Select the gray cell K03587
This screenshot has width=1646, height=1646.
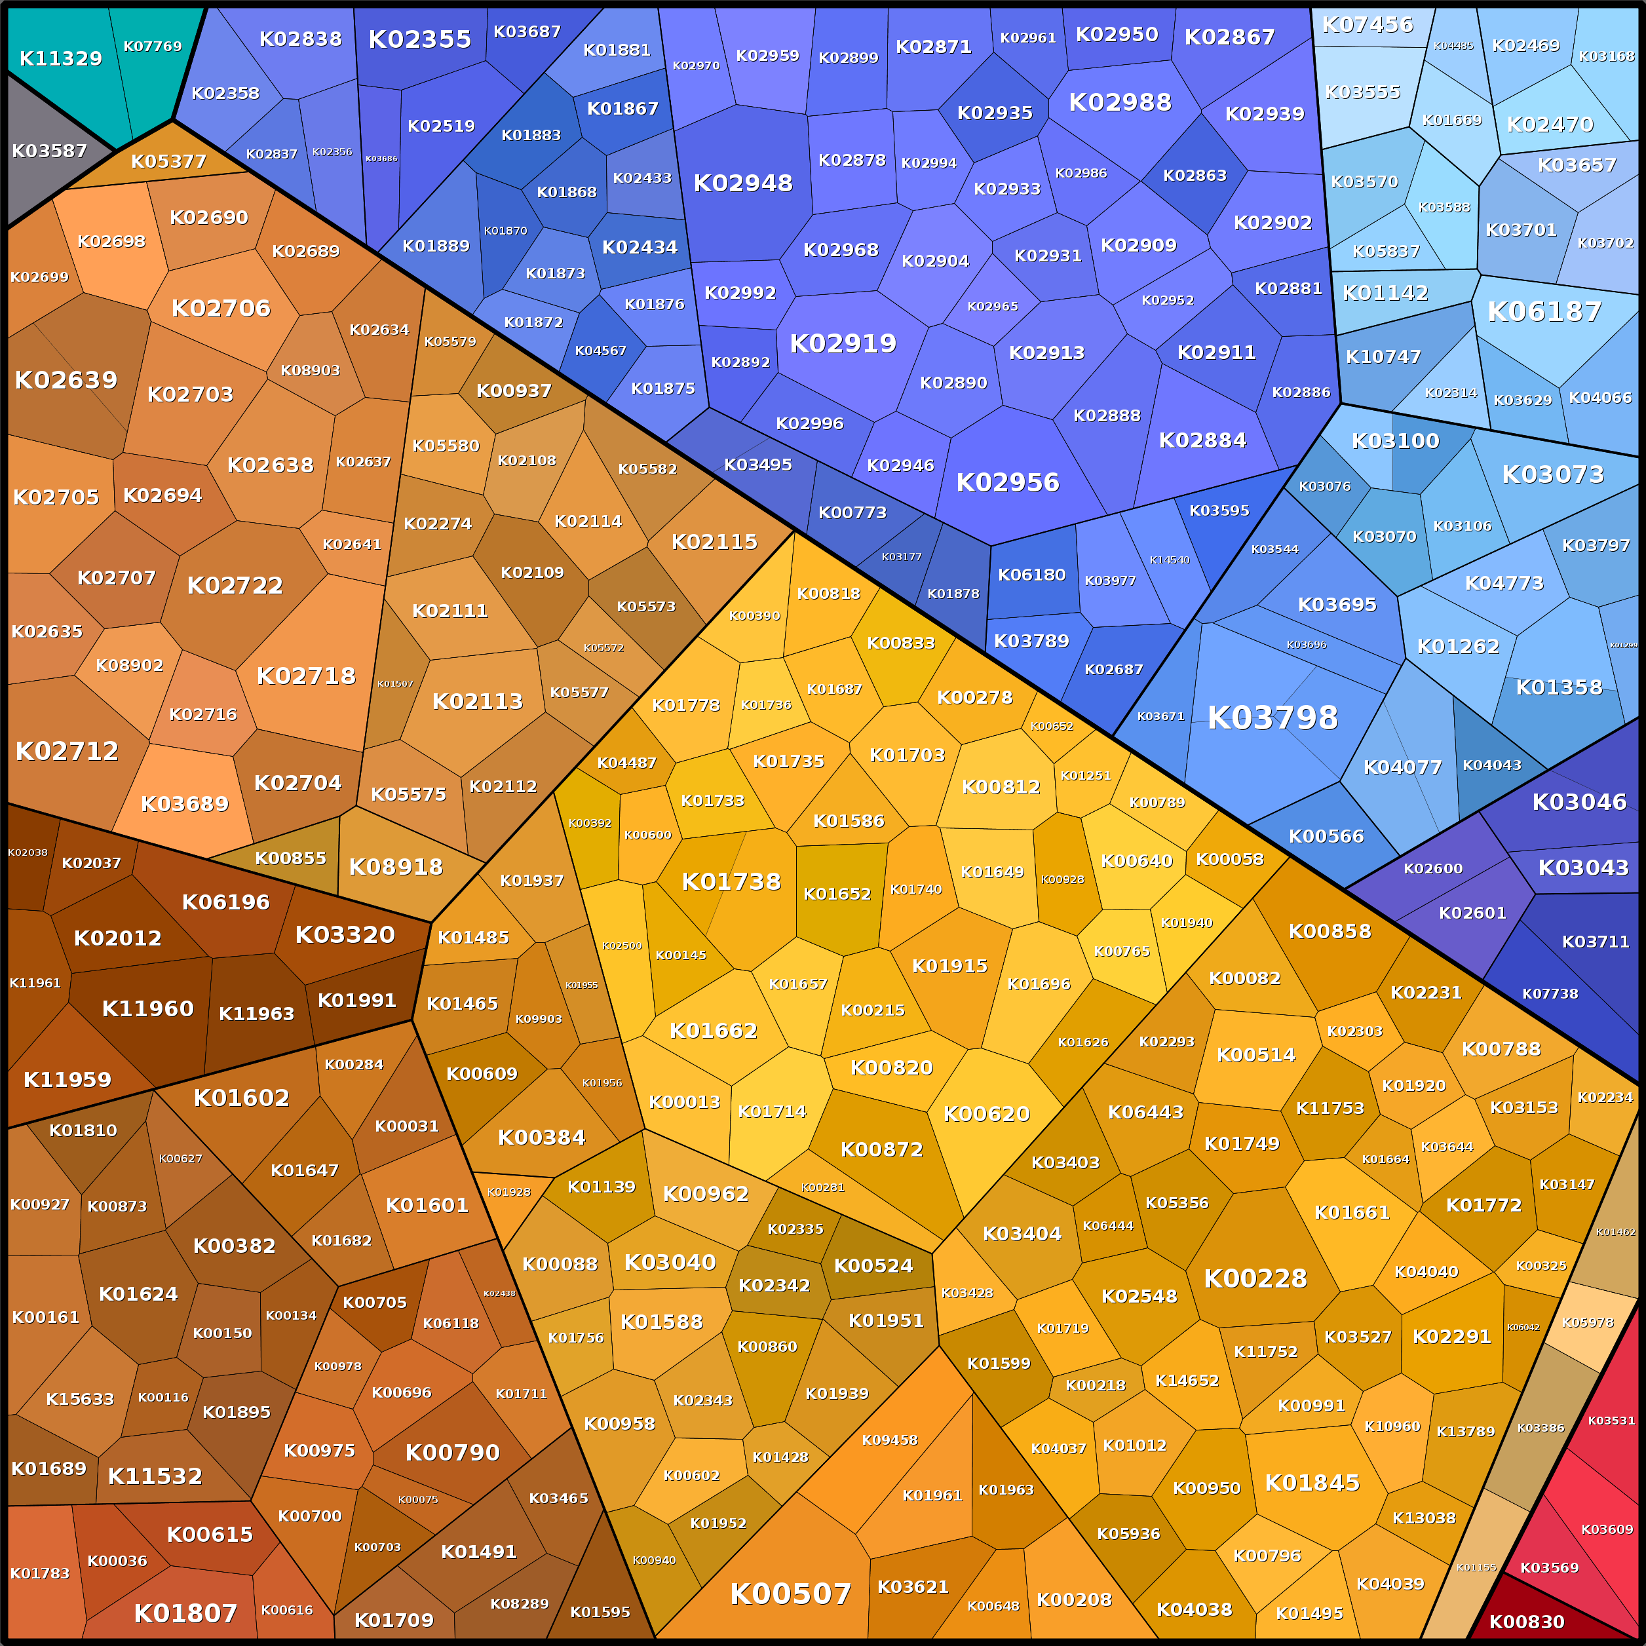(x=48, y=151)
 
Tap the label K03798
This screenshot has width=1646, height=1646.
(x=1272, y=718)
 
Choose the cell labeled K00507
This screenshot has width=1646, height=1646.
(x=790, y=1593)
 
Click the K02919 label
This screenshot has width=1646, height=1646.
(x=843, y=343)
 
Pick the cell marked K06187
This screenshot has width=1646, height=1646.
(x=1544, y=312)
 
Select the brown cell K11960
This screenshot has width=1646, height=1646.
(x=147, y=1008)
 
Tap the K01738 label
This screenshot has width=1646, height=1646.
(x=731, y=882)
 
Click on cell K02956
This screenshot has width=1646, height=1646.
(x=1007, y=482)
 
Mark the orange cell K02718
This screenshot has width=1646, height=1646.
(x=306, y=676)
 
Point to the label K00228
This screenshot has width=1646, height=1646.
(x=1255, y=1278)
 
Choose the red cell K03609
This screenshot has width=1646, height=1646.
(x=1606, y=1529)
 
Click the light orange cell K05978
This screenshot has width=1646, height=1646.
(x=1587, y=1323)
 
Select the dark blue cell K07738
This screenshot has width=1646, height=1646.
(x=1550, y=993)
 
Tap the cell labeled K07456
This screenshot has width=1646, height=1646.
(x=1367, y=26)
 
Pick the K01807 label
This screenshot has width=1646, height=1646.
(x=185, y=1613)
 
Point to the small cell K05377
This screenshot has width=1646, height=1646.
(x=168, y=161)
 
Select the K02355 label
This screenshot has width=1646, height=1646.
(x=419, y=39)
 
